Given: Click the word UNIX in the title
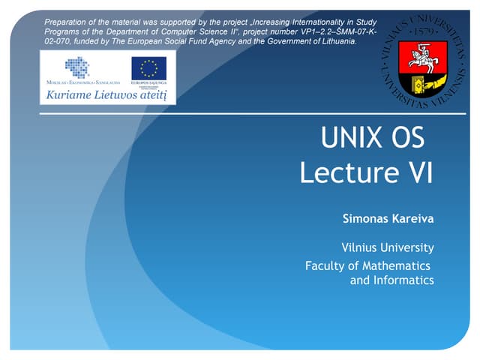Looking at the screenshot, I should (x=354, y=139).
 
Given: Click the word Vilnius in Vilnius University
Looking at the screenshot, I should (x=361, y=247).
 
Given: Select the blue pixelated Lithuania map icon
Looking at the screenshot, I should (x=76, y=67).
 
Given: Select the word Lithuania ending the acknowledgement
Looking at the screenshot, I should (x=337, y=41).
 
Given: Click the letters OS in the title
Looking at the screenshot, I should (x=407, y=139).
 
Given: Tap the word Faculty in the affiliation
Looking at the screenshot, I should (x=325, y=265).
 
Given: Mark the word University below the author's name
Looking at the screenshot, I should (x=409, y=247).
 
